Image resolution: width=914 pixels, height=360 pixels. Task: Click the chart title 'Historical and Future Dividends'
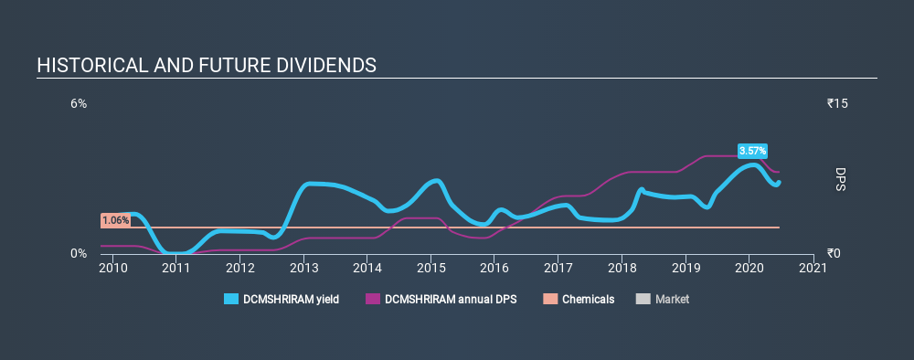coord(207,66)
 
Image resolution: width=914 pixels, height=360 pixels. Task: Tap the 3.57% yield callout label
coord(753,151)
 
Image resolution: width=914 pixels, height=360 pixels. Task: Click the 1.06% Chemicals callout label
coord(115,220)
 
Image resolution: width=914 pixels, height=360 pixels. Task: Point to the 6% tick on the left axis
coord(80,104)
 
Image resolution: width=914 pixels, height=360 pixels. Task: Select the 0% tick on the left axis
coord(80,253)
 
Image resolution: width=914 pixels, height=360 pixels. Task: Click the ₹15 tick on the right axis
coord(838,104)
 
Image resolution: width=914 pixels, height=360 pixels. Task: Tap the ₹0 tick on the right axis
coord(834,253)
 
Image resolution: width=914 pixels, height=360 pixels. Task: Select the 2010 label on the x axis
coord(112,268)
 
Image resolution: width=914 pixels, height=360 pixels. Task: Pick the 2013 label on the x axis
coord(303,268)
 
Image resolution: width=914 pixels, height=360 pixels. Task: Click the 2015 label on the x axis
coord(430,268)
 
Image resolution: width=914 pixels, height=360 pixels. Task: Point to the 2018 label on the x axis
coord(622,268)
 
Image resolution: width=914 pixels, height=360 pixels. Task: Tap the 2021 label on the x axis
coord(813,268)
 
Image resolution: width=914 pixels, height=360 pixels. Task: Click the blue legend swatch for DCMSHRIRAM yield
coord(232,299)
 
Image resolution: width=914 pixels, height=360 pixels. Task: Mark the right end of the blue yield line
coord(779,182)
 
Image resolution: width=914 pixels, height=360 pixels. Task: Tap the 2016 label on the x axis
coord(494,268)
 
